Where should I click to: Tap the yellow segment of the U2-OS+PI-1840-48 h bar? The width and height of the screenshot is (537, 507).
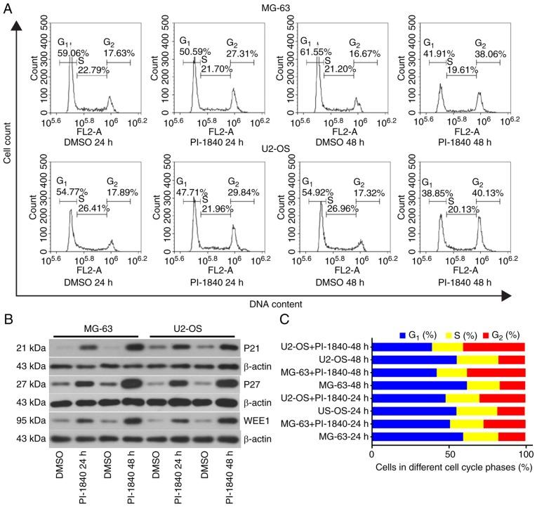pyautogui.click(x=447, y=347)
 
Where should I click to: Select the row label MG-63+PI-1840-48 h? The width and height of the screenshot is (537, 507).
pyautogui.click(x=324, y=373)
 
